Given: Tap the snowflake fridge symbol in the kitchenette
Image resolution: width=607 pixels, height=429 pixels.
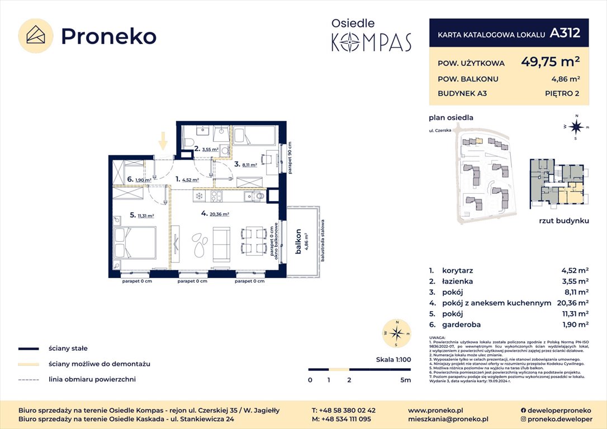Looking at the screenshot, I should coord(200,196).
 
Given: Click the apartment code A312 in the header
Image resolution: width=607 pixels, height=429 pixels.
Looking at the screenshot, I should coord(565,33).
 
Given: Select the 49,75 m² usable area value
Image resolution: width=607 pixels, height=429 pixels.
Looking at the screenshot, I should coord(550,61).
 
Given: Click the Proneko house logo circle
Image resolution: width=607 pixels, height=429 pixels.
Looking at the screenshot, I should coord(36,36).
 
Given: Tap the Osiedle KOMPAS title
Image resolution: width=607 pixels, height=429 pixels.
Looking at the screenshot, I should coord(371,35).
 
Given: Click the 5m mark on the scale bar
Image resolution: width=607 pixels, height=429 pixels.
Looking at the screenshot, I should coord(406,380).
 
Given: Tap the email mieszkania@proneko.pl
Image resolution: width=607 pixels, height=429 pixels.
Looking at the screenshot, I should coord(448,418).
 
